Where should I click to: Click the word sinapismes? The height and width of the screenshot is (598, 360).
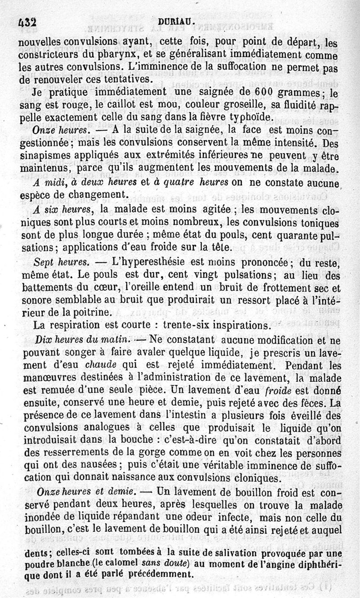(x=45, y=157)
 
